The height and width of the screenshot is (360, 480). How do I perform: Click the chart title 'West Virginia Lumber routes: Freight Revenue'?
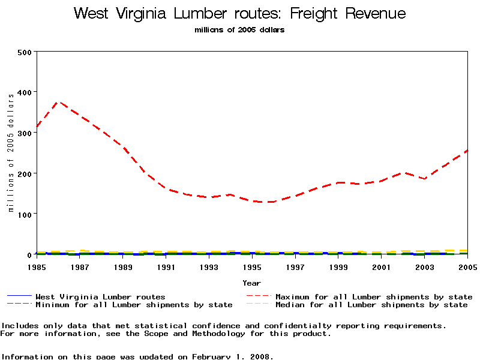pyautogui.click(x=239, y=14)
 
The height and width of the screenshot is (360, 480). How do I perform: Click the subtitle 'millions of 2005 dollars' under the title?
pyautogui.click(x=239, y=30)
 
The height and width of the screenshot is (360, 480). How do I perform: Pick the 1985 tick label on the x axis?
pyautogui.click(x=37, y=266)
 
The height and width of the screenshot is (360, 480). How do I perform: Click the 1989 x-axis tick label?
pyautogui.click(x=123, y=266)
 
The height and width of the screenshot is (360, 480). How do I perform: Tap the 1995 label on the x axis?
pyautogui.click(x=252, y=266)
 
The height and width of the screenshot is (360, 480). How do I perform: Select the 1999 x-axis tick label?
pyautogui.click(x=338, y=266)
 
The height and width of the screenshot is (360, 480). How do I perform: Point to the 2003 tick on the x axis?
pyautogui.click(x=424, y=266)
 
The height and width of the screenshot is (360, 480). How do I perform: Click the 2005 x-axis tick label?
pyautogui.click(x=467, y=266)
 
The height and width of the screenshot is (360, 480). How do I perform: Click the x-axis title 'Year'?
pyautogui.click(x=251, y=283)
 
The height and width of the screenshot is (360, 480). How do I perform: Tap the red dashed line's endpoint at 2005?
pyautogui.click(x=467, y=151)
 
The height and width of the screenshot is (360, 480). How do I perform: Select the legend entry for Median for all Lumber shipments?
pyautogui.click(x=371, y=305)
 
